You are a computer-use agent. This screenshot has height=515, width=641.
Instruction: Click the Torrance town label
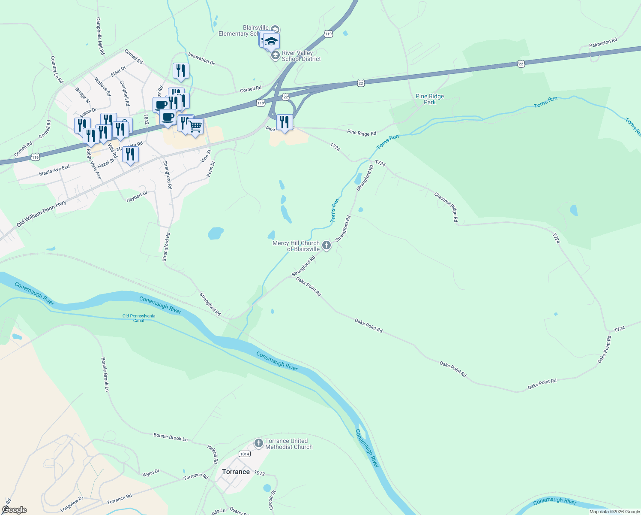point(236,472)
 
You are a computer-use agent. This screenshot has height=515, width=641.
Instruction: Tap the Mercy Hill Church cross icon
point(326,245)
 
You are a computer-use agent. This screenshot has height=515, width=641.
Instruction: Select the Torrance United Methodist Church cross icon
point(258,443)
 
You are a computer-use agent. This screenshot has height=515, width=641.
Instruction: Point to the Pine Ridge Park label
point(430,99)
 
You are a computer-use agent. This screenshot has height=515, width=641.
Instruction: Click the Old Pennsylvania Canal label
point(139,318)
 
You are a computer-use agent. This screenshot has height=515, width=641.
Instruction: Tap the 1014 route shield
point(245,454)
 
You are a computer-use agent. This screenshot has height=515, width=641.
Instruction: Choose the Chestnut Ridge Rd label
point(446,207)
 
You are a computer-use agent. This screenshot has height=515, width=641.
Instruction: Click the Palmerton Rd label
point(603,43)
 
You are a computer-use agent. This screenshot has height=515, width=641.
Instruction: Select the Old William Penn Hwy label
point(41,213)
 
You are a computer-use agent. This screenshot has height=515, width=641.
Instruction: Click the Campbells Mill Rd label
point(100,36)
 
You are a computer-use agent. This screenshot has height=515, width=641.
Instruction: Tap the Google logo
point(14,510)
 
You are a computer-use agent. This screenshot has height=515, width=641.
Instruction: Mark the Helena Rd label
point(213,454)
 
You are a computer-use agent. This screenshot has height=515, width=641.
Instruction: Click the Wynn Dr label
point(151,473)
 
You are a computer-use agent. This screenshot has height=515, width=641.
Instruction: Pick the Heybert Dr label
point(137,197)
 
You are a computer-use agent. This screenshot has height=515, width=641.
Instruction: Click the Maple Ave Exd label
point(54,170)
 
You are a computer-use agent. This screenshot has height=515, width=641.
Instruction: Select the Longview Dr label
point(72,504)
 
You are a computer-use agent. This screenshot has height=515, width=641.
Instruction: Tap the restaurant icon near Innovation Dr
point(181,71)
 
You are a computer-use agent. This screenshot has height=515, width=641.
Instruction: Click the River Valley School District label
point(301,56)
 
